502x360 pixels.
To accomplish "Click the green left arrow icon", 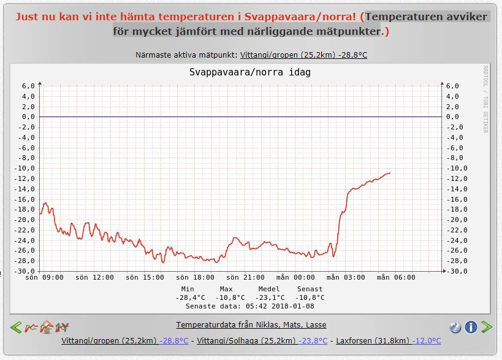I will click(x=16, y=327).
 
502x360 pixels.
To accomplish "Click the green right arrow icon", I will click(x=486, y=327).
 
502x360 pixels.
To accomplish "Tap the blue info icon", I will click(x=471, y=327).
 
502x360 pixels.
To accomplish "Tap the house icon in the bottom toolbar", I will click(x=46, y=327).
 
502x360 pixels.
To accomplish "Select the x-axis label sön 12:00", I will click(x=94, y=277).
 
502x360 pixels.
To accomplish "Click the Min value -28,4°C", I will click(x=188, y=297).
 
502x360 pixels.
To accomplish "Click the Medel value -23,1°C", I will click(x=269, y=297).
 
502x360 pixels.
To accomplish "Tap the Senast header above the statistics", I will click(x=310, y=289).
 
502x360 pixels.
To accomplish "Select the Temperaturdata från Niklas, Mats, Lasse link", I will click(x=251, y=324).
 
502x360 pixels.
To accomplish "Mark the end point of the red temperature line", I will click(x=390, y=173).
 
